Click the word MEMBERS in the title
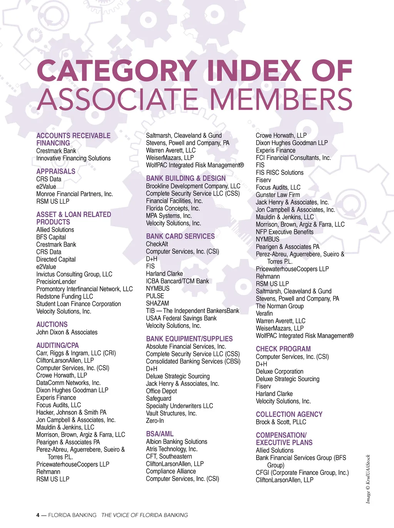point(281,99)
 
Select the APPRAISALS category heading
point(56,172)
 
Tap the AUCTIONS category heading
point(52,325)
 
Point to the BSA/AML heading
point(160,434)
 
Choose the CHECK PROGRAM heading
point(283,349)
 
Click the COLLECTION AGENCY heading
point(289,414)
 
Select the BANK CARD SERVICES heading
point(180,236)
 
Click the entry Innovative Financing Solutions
point(73,158)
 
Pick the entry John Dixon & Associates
point(67,332)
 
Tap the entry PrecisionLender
point(56,282)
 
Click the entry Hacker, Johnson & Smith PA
point(71,412)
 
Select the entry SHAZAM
point(157,303)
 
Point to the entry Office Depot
point(161,391)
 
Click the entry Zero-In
point(155,421)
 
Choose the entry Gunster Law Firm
point(278,195)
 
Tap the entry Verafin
point(264,313)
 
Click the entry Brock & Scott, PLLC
point(281,422)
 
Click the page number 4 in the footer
point(38,515)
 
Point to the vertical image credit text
point(368,479)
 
